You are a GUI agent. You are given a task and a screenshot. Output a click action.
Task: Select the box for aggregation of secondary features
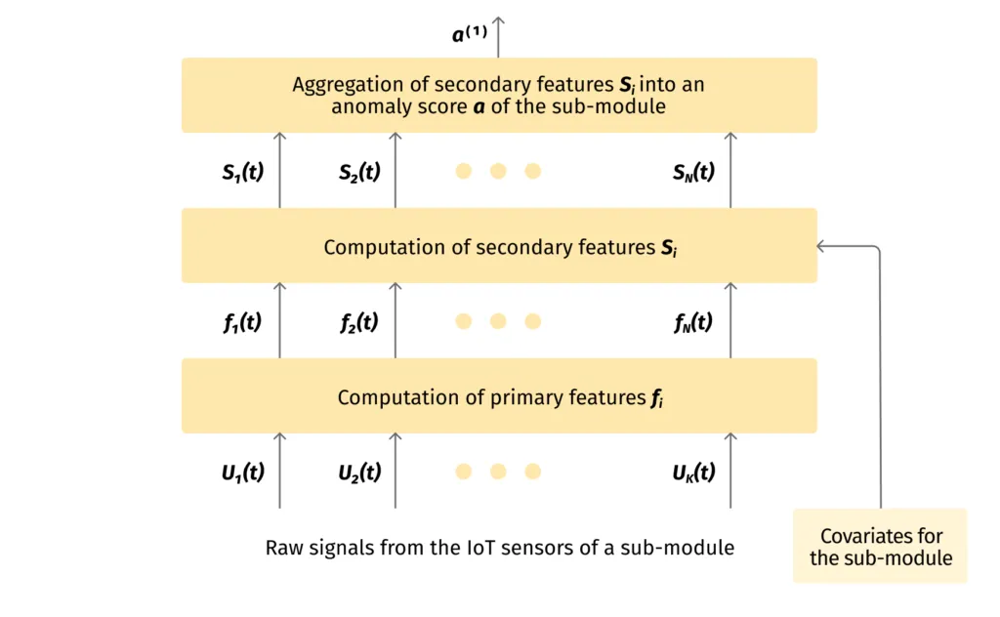(x=498, y=95)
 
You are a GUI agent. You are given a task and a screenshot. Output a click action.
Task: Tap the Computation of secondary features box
(x=498, y=245)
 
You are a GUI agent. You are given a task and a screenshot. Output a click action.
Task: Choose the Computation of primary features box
(x=498, y=395)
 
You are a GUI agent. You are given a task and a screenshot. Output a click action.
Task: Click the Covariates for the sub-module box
(x=880, y=546)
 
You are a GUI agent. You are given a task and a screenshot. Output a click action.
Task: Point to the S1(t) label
(x=243, y=172)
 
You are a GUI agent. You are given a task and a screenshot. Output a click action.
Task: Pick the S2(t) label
(x=359, y=172)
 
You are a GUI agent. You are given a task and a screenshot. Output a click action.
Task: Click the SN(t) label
(x=693, y=172)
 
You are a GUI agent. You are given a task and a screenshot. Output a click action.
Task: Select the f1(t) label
(x=243, y=321)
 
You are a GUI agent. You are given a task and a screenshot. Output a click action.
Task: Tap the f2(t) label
(x=359, y=321)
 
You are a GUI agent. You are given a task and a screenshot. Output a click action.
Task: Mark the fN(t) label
(x=693, y=321)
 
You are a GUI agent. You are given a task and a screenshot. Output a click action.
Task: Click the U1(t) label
(x=243, y=472)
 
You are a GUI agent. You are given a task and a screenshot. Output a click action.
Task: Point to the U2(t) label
(x=359, y=472)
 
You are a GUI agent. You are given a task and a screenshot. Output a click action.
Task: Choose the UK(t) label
(x=693, y=472)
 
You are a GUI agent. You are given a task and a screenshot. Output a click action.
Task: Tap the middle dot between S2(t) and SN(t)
(x=498, y=172)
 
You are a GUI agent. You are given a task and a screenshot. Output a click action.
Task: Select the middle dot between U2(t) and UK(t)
(x=498, y=472)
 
